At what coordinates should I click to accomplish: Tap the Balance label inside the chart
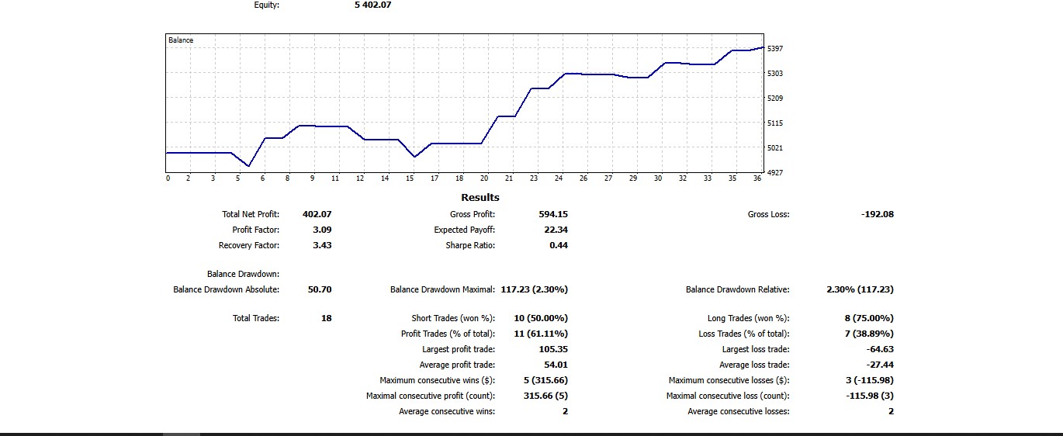click(x=181, y=40)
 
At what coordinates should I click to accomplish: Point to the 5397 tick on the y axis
click(x=775, y=48)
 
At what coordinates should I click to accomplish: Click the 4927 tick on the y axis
click(x=775, y=172)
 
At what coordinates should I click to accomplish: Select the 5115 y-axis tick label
click(x=775, y=123)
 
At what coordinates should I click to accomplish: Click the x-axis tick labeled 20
click(x=484, y=178)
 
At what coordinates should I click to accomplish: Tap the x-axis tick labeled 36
click(x=757, y=178)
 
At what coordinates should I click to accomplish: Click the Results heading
click(x=480, y=198)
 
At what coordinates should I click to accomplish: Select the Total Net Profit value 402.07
click(x=317, y=214)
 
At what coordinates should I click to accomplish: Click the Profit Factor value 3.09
click(x=322, y=230)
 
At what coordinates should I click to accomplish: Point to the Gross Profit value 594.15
click(x=553, y=214)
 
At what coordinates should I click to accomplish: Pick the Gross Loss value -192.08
click(x=878, y=214)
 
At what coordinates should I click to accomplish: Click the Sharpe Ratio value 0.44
click(x=559, y=245)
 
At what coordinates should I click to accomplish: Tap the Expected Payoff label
click(x=464, y=230)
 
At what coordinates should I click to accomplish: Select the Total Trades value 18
click(x=326, y=318)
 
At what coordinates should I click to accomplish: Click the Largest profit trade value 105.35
click(x=553, y=349)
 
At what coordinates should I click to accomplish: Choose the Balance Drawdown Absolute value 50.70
click(x=320, y=289)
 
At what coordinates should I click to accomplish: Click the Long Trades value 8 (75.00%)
click(x=866, y=318)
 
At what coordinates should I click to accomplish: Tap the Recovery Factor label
click(x=249, y=245)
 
